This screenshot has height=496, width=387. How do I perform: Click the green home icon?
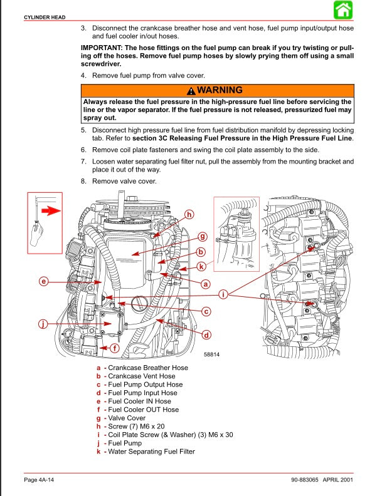pyautogui.click(x=342, y=10)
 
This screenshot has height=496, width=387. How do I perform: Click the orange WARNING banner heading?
pyautogui.click(x=217, y=90)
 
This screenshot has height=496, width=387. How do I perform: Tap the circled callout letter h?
pyautogui.click(x=189, y=214)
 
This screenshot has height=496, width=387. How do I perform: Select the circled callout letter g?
pyautogui.click(x=202, y=237)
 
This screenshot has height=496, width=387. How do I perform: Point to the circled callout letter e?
pyautogui.click(x=44, y=281)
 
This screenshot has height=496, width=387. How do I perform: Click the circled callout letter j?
pyautogui.click(x=43, y=324)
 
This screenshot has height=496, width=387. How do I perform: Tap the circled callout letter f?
pyautogui.click(x=114, y=348)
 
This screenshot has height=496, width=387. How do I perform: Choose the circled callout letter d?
pyautogui.click(x=206, y=334)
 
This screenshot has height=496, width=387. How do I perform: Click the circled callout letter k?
pyautogui.click(x=201, y=266)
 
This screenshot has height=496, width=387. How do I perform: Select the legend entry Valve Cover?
pyautogui.click(x=126, y=418)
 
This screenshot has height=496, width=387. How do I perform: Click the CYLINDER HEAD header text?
pyautogui.click(x=40, y=17)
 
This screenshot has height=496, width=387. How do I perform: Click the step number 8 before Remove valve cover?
pyautogui.click(x=83, y=182)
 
